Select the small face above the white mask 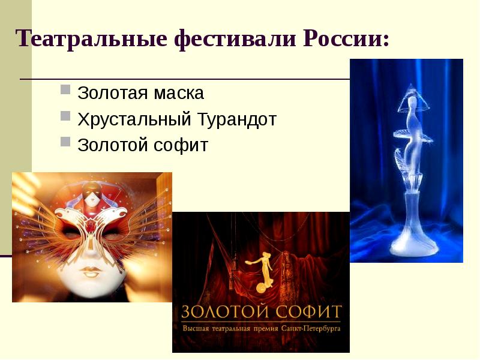[92, 196]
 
